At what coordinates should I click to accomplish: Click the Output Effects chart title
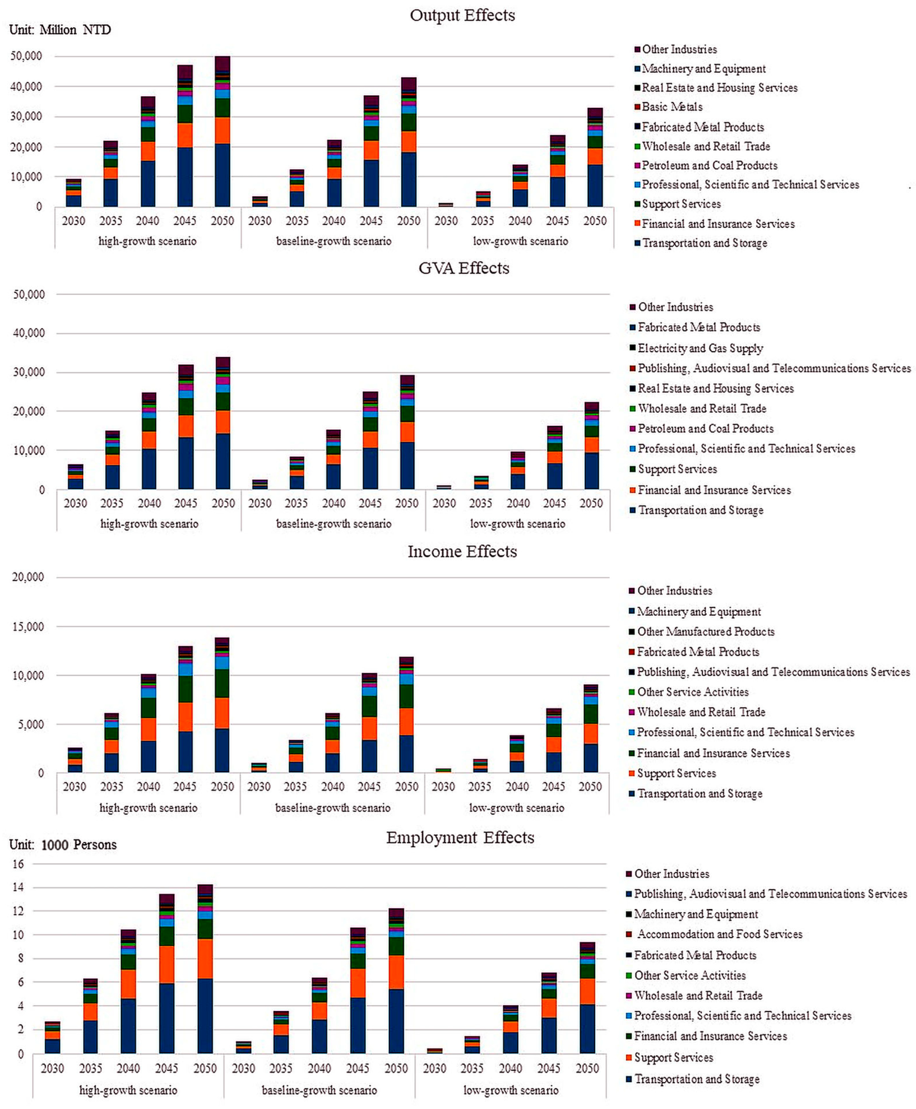[x=462, y=15]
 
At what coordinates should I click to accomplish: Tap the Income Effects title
[x=462, y=551]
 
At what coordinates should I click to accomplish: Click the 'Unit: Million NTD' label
[x=60, y=30]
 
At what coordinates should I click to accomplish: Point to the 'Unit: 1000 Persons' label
[x=63, y=845]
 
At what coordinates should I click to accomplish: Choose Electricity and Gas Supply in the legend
[x=700, y=348]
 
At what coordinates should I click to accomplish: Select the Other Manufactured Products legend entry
[x=705, y=632]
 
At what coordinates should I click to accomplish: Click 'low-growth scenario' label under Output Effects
[x=520, y=241]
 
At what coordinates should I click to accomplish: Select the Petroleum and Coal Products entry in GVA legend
[x=705, y=428]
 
